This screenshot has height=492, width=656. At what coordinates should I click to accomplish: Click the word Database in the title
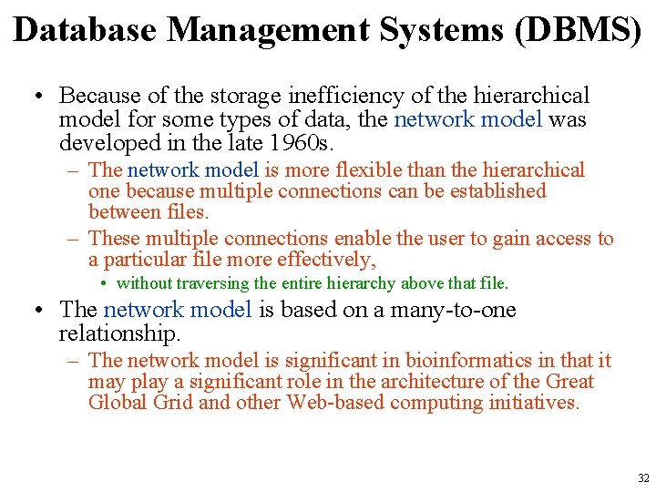pos(85,30)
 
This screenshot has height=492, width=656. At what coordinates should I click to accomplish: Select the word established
pos(497,191)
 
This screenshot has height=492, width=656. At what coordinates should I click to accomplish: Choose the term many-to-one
pos(454,310)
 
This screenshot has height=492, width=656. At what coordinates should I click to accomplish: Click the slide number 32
pos(643,477)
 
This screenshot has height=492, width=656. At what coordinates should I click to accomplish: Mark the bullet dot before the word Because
pos(42,97)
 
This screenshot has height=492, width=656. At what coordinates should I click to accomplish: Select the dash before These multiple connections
pos(75,239)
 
